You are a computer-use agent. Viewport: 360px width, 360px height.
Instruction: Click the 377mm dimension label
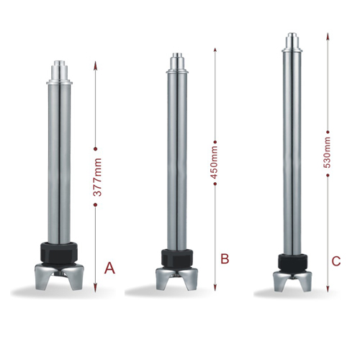point(97,177)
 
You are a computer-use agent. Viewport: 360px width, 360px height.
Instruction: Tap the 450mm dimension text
point(214,162)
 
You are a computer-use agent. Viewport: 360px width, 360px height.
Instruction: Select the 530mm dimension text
point(327,153)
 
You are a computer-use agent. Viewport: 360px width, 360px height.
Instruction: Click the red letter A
point(109,268)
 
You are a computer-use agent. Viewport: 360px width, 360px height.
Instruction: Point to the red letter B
point(225,258)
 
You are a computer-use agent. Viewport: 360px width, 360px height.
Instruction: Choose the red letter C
point(336,261)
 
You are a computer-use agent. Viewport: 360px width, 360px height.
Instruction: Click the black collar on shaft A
point(60,252)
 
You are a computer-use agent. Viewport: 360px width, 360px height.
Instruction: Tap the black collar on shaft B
point(177,258)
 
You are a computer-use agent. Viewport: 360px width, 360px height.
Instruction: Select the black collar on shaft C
point(292,262)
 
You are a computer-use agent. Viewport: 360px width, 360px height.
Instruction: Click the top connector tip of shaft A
point(60,63)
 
